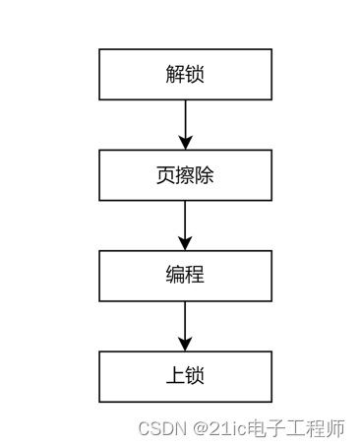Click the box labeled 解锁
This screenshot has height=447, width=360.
pyautogui.click(x=185, y=75)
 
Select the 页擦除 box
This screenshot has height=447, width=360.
pyautogui.click(x=185, y=175)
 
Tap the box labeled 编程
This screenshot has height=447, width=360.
pyautogui.click(x=185, y=276)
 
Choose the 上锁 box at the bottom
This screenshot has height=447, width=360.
pyautogui.click(x=185, y=376)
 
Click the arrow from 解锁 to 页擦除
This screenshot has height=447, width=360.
pyautogui.click(x=185, y=122)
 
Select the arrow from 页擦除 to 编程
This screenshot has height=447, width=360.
pyautogui.click(x=185, y=223)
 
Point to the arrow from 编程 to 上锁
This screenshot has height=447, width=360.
pyautogui.click(x=185, y=324)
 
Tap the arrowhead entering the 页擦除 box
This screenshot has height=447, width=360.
pyautogui.click(x=185, y=143)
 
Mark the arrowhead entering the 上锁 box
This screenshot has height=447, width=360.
pyautogui.click(x=185, y=344)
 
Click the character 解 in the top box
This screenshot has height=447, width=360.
pyautogui.click(x=175, y=75)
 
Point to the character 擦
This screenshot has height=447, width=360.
pyautogui.click(x=185, y=175)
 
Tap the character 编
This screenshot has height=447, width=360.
pyautogui.click(x=175, y=276)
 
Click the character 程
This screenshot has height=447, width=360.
pyautogui.click(x=195, y=276)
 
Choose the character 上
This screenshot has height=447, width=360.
pyautogui.click(x=175, y=376)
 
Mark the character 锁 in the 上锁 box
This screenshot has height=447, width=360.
pyautogui.click(x=195, y=376)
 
